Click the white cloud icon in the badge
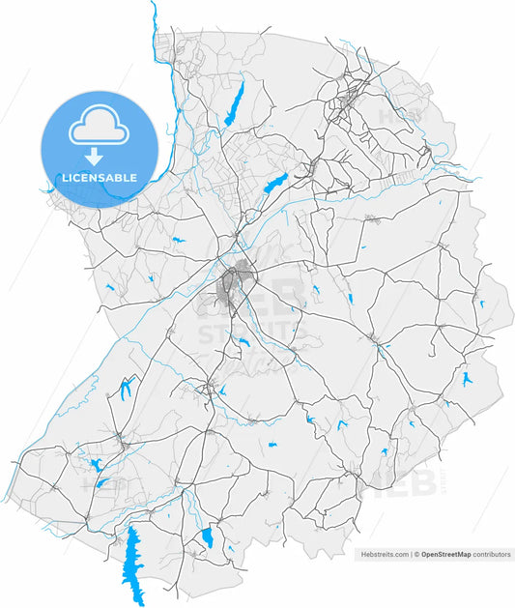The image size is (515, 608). pyautogui.click(x=99, y=127)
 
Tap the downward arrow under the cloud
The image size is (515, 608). pyautogui.click(x=94, y=157)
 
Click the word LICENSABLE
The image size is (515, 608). pyautogui.click(x=99, y=178)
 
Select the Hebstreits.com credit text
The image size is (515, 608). pyautogui.click(x=385, y=555)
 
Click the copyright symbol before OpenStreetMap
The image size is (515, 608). pyautogui.click(x=415, y=555)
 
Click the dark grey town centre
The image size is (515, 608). pyautogui.click(x=234, y=284)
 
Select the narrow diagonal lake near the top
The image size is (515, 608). pyautogui.click(x=234, y=103)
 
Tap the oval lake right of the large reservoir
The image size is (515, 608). pyautogui.click(x=207, y=538)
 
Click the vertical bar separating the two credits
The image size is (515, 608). pyautogui.click(x=411, y=555)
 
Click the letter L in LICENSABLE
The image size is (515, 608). pyautogui.click(x=64, y=178)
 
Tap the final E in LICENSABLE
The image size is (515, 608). pyautogui.click(x=133, y=178)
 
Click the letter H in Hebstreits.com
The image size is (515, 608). pyautogui.click(x=363, y=555)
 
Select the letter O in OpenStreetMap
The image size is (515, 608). pyautogui.click(x=422, y=555)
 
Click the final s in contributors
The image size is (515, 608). pyautogui.click(x=508, y=555)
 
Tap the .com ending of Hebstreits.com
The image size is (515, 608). pyautogui.click(x=400, y=555)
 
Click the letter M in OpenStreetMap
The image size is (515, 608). pyautogui.click(x=459, y=555)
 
